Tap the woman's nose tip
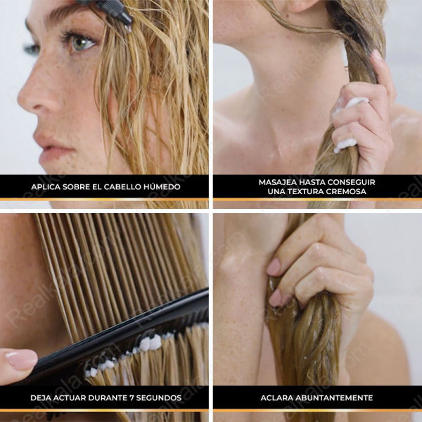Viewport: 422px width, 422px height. pos(23,101)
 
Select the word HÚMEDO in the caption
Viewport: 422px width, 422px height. pos(162,186)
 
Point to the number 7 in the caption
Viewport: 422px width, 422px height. pos(132,398)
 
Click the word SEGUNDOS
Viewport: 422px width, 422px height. pos(159,398)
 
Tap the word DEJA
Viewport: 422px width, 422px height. pos(39,398)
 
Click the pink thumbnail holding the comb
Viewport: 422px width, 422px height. pos(22,359)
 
